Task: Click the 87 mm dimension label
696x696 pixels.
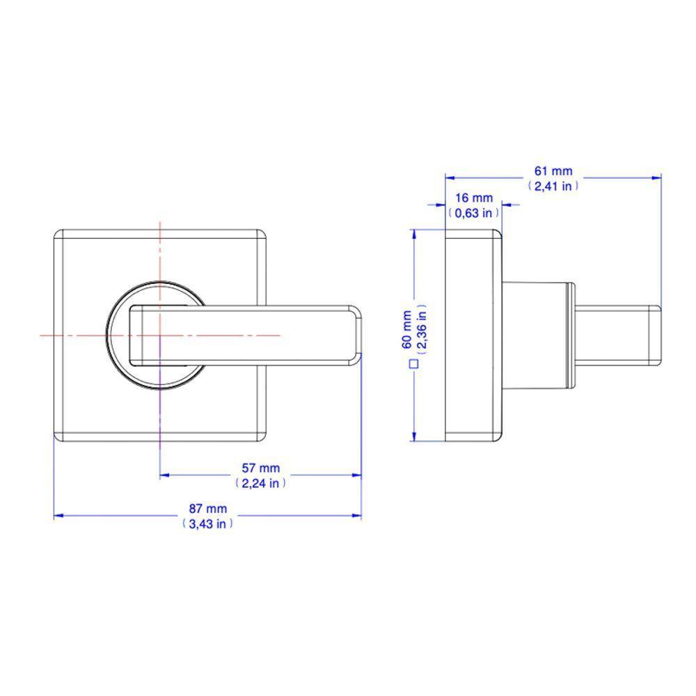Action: click(207, 509)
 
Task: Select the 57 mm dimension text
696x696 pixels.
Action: click(261, 469)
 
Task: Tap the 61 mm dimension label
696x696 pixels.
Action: click(553, 171)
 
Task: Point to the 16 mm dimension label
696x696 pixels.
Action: click(473, 199)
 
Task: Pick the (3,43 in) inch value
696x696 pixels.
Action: click(207, 524)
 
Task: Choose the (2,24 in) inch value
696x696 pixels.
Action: click(261, 483)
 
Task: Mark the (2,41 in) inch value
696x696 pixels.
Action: click(553, 186)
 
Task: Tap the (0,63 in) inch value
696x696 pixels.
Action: click(473, 214)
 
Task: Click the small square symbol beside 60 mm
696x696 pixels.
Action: click(413, 363)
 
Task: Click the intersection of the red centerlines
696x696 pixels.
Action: click(160, 335)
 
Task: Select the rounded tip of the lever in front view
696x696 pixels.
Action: click(356, 335)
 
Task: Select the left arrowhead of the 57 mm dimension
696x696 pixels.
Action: click(164, 475)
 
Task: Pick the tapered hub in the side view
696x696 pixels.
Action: click(536, 335)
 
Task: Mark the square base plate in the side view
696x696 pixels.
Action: click(472, 335)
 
